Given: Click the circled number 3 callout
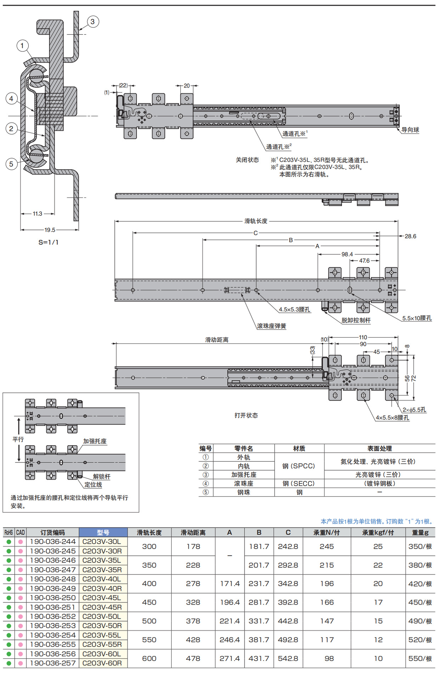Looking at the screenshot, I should tap(92, 22).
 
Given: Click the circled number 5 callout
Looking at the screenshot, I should tap(11, 164).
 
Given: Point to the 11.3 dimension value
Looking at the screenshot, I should tap(37, 214).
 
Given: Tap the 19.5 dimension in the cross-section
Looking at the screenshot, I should tap(50, 230).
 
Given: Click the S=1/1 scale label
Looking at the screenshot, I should tap(48, 242).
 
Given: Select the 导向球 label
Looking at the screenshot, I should tap(410, 130).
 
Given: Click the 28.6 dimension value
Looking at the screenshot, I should tap(410, 236).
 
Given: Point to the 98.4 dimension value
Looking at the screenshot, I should tap(347, 254).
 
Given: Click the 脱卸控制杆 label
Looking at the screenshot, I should tap(356, 320).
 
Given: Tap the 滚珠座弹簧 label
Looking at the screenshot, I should tap(271, 326).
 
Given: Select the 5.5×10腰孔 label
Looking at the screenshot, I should tap(417, 318).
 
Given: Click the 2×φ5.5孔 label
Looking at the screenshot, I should tap(414, 410).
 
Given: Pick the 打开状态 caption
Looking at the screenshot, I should tap(246, 415).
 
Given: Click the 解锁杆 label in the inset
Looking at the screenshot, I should tap(101, 476).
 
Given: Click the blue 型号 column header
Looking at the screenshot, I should tap(103, 532).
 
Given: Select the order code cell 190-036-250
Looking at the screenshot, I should tap(53, 597).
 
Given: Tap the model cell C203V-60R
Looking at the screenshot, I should tap(102, 663).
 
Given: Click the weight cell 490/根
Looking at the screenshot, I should tap(420, 621).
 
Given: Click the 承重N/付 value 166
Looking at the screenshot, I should tap(326, 602).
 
